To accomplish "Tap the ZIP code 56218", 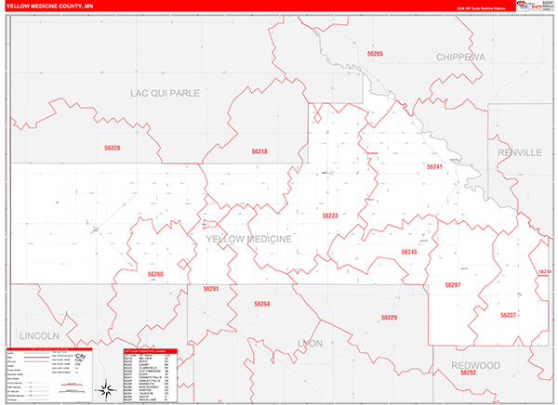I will pos(259,151).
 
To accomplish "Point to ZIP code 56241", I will pos(434,166).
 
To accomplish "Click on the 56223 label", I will pos(331,216).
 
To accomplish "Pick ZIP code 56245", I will pos(409,252).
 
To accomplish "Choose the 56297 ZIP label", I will pos(453,284).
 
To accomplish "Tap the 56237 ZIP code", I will pos(508,315).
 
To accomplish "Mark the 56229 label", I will pos(389,318).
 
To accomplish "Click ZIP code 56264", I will pos(261,304).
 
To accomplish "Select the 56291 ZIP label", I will pos(211,289).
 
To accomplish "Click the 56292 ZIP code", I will pos(468,372).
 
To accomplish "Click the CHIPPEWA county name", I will pos(461,57).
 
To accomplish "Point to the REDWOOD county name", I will pos(473,365).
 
